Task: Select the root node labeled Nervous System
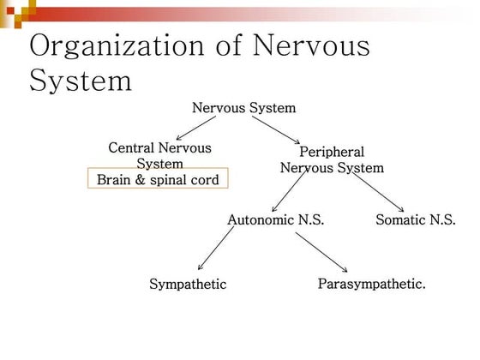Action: coord(243,108)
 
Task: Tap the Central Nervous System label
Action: coord(159,155)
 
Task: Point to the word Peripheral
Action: coord(332,151)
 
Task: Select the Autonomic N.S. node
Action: coord(275,219)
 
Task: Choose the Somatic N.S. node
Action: coord(415,219)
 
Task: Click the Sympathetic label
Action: coord(188,285)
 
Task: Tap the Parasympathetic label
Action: coord(371,284)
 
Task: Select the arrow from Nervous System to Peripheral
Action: coord(274,130)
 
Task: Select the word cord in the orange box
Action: coord(205,180)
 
